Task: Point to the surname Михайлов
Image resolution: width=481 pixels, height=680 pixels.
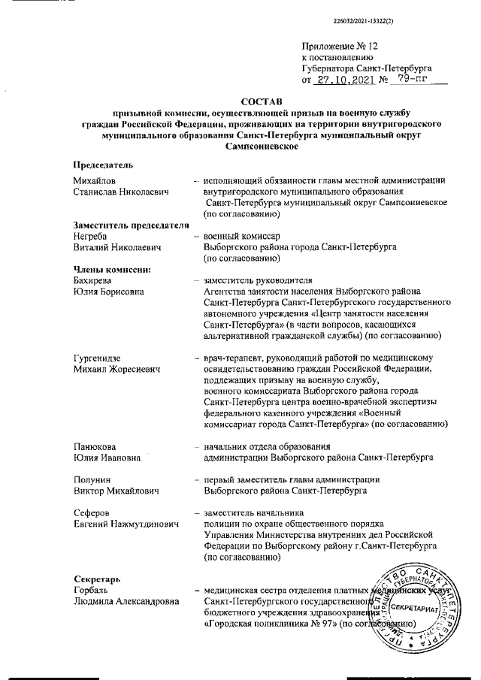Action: (x=95, y=181)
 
